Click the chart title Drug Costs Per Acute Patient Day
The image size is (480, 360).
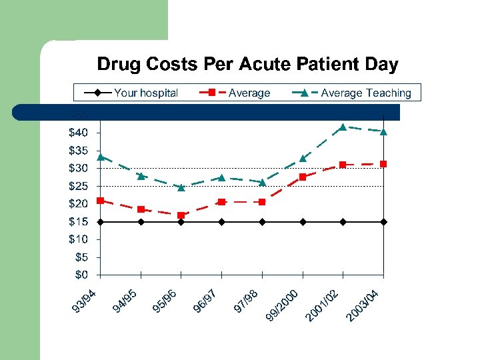tap(247, 65)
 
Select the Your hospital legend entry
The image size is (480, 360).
tap(145, 93)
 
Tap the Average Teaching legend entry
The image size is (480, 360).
tap(365, 93)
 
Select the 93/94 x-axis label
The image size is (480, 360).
tap(86, 300)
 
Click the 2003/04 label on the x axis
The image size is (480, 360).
tap(363, 305)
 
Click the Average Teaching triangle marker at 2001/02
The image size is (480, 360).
tap(343, 127)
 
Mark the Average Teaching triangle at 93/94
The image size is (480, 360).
tap(100, 157)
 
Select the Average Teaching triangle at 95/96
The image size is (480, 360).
tap(181, 187)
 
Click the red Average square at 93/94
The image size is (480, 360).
tap(100, 201)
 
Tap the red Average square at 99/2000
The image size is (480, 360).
tap(303, 177)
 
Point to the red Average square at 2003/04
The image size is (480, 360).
tap(383, 164)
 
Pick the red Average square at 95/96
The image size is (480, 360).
tap(181, 215)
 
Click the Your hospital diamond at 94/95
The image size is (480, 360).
tap(141, 221)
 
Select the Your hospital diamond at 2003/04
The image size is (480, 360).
tap(383, 221)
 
